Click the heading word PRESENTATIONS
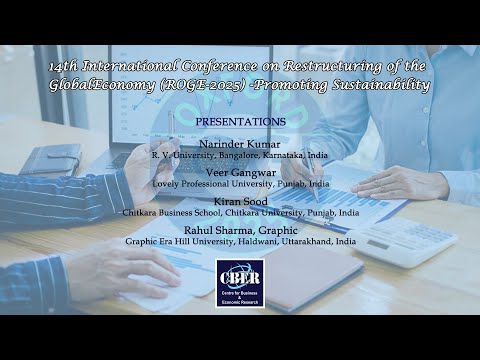coord(240,121)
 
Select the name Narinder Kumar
coord(240,145)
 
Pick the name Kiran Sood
coord(240,201)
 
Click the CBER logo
coord(240,280)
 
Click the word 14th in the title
coord(64,65)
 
